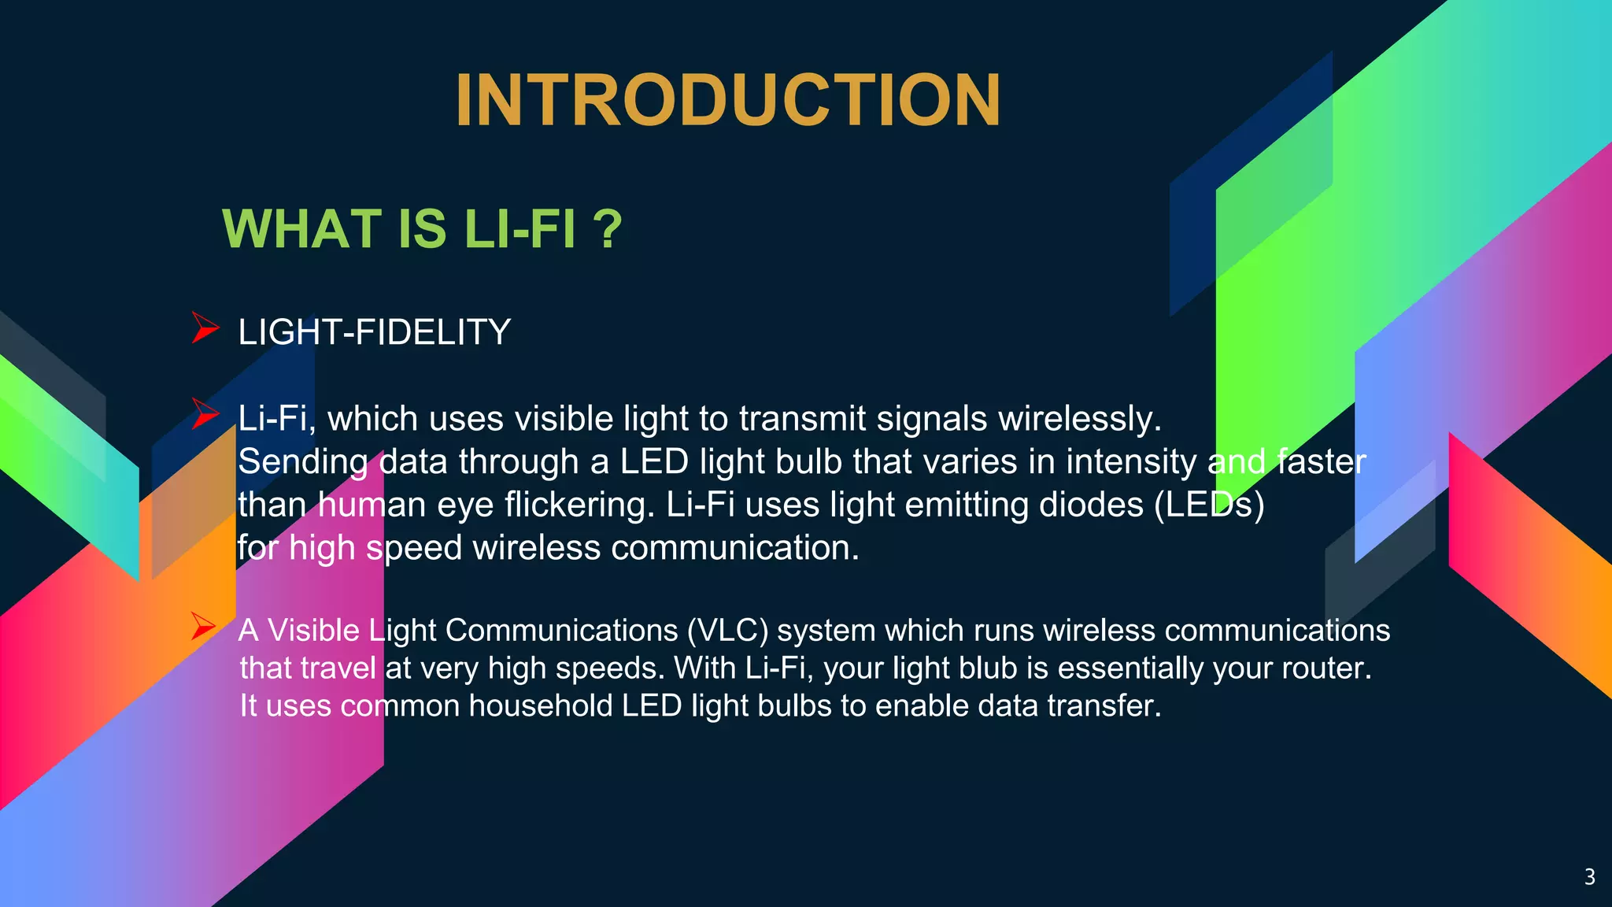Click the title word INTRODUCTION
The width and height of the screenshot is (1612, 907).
pos(727,101)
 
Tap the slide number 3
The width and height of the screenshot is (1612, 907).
pos(1589,877)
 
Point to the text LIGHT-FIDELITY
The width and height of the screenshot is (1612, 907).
pos(374,332)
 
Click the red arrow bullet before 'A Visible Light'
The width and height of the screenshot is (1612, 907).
pos(203,627)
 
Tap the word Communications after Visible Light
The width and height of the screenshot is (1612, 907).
pos(561,631)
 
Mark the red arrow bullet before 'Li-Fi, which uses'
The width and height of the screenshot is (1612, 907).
pos(205,414)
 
